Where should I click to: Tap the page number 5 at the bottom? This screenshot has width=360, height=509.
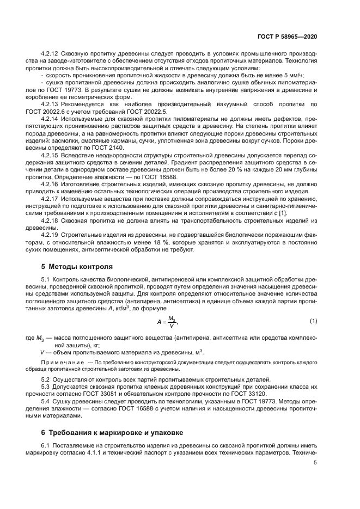315,463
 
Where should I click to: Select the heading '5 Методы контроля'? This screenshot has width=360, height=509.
78,267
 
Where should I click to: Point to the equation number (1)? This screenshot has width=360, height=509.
313,321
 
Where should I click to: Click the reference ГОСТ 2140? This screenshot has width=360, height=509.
111,148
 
